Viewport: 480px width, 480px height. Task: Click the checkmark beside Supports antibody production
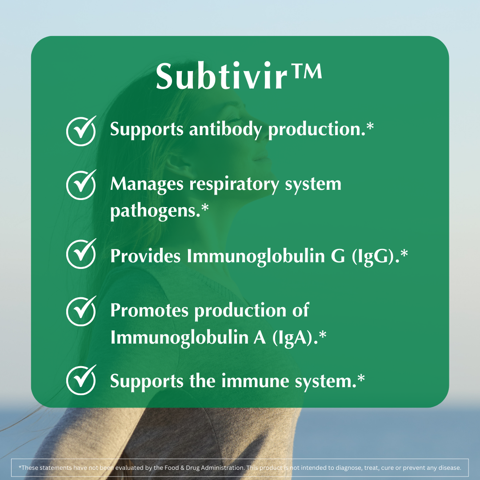click(81, 131)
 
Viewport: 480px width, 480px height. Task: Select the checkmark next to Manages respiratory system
click(81, 184)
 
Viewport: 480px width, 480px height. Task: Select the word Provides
click(146, 256)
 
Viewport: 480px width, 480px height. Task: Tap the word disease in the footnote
click(450, 468)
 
